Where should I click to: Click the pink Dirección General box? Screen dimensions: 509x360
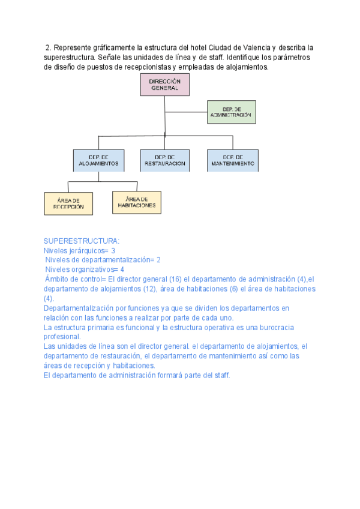click(164, 85)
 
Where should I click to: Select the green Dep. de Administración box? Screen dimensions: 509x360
click(231, 112)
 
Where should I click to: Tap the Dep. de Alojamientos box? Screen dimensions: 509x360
click(98, 160)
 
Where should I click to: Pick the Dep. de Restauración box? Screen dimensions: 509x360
click(165, 160)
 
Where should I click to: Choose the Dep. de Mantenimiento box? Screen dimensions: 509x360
click(233, 160)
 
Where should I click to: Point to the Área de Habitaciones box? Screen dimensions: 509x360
click(137, 202)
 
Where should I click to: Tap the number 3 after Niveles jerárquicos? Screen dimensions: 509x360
click(113, 250)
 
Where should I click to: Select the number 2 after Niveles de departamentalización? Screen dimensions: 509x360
click(158, 260)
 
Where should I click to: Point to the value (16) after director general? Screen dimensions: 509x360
click(178, 279)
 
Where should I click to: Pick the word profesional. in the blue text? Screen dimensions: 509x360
click(61, 337)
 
